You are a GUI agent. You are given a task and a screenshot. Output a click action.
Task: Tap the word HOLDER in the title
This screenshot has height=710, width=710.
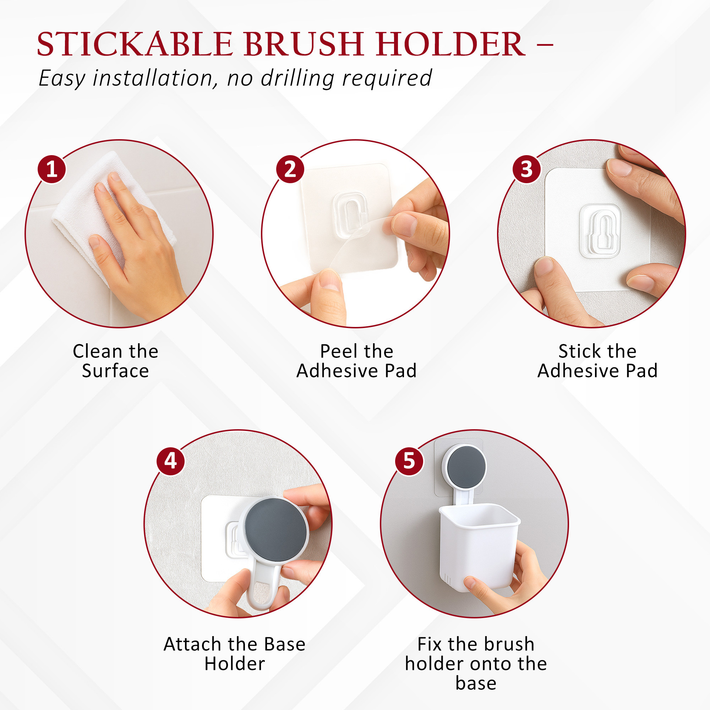(451, 44)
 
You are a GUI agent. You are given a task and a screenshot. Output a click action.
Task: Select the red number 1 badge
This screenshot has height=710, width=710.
(52, 169)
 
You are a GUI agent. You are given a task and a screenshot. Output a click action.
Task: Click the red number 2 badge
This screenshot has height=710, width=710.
(290, 169)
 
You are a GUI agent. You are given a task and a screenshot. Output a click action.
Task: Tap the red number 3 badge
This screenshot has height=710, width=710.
(526, 169)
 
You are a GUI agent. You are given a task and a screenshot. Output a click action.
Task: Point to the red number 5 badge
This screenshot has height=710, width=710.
(409, 460)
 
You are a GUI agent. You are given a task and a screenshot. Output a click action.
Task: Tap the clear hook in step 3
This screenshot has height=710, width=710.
(600, 230)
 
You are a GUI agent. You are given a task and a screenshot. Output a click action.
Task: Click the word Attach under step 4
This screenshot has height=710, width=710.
(192, 644)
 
